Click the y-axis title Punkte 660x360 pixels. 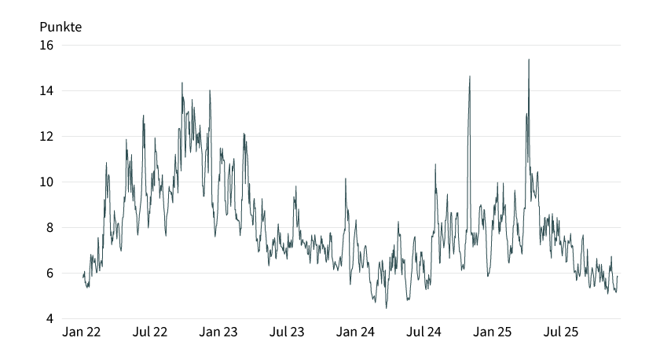coord(60,26)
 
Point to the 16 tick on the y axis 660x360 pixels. coord(46,45)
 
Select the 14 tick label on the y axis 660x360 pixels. coord(46,90)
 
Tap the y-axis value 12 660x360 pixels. coord(46,136)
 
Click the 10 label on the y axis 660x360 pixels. coord(46,182)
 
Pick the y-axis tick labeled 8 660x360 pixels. coord(49,227)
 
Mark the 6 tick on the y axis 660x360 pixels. coord(49,273)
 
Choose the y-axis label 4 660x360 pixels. coord(49,318)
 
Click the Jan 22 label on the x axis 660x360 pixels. coord(82,332)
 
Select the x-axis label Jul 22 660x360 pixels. coord(150,332)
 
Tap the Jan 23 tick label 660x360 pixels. coord(218,332)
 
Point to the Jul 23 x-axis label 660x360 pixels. coord(287,332)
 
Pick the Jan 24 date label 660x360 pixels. coord(355,332)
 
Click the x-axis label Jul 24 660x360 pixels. coord(423,332)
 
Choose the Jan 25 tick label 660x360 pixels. coord(493,332)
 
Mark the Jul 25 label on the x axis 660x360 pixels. coord(561,332)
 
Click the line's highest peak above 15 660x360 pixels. coord(529,59)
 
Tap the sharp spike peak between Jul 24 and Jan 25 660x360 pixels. coord(470,76)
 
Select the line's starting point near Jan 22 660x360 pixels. coord(82,276)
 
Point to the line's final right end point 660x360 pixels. coord(618,276)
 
